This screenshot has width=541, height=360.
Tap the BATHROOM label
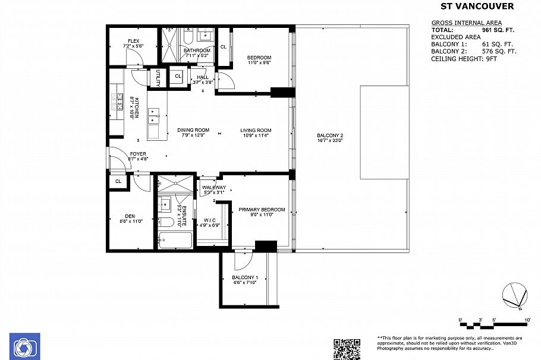click(x=196, y=50)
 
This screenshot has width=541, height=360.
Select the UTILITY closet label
click(x=158, y=78)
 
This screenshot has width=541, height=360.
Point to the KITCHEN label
click(x=136, y=108)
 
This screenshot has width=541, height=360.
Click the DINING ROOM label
click(x=193, y=131)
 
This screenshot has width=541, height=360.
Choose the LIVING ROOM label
click(x=256, y=131)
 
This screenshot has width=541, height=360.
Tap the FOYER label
click(x=138, y=154)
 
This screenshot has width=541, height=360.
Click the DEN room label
click(x=130, y=216)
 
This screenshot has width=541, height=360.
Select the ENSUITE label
click(x=184, y=215)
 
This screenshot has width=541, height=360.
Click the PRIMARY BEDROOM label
click(x=262, y=210)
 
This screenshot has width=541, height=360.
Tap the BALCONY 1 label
click(x=244, y=278)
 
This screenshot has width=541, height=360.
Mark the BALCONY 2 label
click(x=330, y=135)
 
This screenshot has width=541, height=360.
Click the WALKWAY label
click(x=213, y=188)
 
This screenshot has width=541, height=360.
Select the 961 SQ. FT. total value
click(x=496, y=29)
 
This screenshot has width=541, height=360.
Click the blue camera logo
click(x=24, y=346)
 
